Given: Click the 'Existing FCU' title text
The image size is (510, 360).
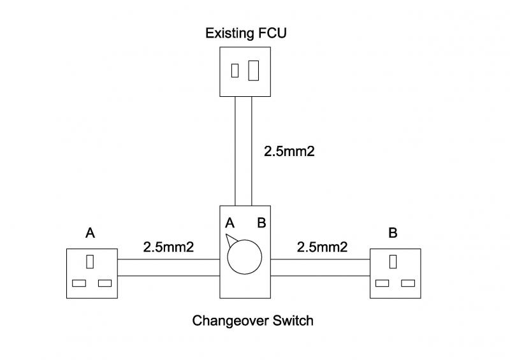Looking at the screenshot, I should click(x=245, y=32).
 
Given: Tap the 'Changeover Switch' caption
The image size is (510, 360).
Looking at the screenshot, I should click(x=253, y=320).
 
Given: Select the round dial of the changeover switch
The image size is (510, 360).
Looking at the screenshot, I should click(x=245, y=258).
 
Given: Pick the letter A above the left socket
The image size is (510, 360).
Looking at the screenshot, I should click(x=91, y=233).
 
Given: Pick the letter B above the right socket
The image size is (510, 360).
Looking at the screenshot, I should click(x=393, y=233).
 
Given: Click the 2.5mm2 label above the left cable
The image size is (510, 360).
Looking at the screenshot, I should click(x=168, y=247).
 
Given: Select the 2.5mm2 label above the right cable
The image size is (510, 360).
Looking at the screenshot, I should click(x=323, y=247).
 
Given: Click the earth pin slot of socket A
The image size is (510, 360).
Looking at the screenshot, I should click(x=91, y=261).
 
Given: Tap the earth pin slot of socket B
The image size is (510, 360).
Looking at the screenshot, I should click(x=394, y=261).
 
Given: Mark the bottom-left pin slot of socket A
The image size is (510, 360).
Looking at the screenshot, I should click(x=80, y=283).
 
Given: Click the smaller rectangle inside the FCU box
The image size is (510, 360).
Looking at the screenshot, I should click(x=235, y=70).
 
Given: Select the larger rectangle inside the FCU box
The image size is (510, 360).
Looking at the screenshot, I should click(x=254, y=69).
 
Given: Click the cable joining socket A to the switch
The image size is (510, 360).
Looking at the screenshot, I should click(x=168, y=268).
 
